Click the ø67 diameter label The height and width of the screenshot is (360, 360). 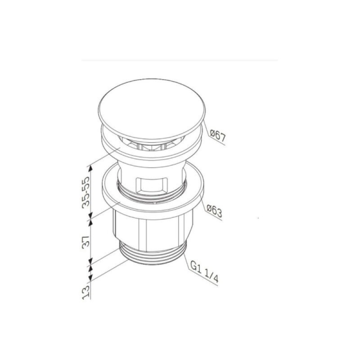click(x=218, y=136)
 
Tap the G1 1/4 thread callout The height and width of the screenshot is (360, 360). click(x=204, y=273)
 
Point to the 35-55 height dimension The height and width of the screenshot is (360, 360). click(x=85, y=192)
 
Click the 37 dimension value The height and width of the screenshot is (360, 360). click(x=85, y=241)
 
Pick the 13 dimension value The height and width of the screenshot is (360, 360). click(x=85, y=292)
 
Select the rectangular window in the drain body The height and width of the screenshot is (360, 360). click(x=152, y=185)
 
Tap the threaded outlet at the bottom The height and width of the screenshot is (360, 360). click(x=153, y=255)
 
